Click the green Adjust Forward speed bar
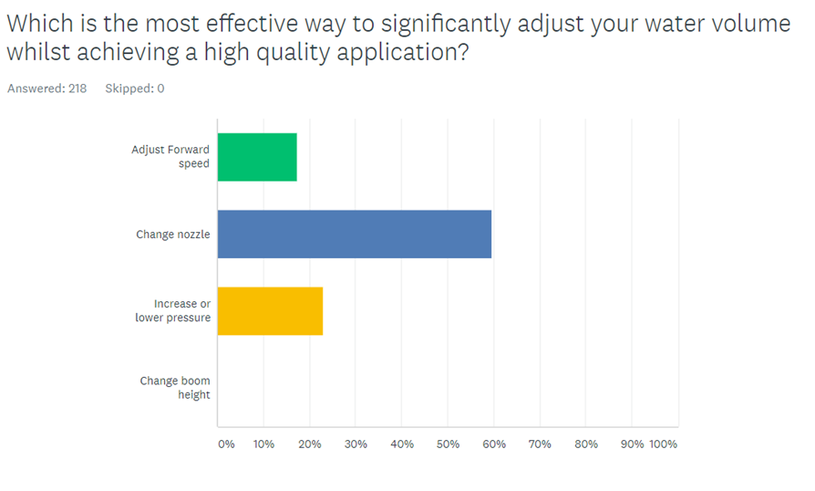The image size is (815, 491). click(257, 157)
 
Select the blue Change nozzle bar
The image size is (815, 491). click(355, 234)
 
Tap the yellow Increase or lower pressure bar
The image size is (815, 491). click(270, 311)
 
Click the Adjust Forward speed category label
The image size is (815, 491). click(170, 157)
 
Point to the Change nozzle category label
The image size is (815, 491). click(173, 235)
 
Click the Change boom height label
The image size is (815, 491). click(175, 388)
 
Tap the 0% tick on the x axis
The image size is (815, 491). click(226, 444)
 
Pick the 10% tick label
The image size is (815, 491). click(263, 444)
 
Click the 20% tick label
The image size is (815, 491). click(310, 444)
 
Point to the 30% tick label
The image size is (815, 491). click(356, 444)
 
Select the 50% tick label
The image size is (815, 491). click(448, 444)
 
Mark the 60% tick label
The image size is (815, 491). click(494, 444)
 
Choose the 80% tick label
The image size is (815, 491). click(586, 444)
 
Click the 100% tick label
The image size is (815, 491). click(663, 444)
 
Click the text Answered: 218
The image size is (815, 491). click(47, 89)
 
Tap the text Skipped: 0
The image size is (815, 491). click(135, 89)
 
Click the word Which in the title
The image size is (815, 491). click(36, 24)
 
